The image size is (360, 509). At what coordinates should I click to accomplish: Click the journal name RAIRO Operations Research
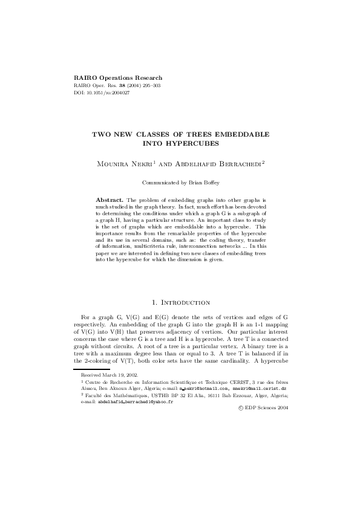click(117, 79)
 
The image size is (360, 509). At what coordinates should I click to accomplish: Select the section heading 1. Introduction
click(180, 302)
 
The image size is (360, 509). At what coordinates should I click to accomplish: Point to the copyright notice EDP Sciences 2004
click(264, 408)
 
